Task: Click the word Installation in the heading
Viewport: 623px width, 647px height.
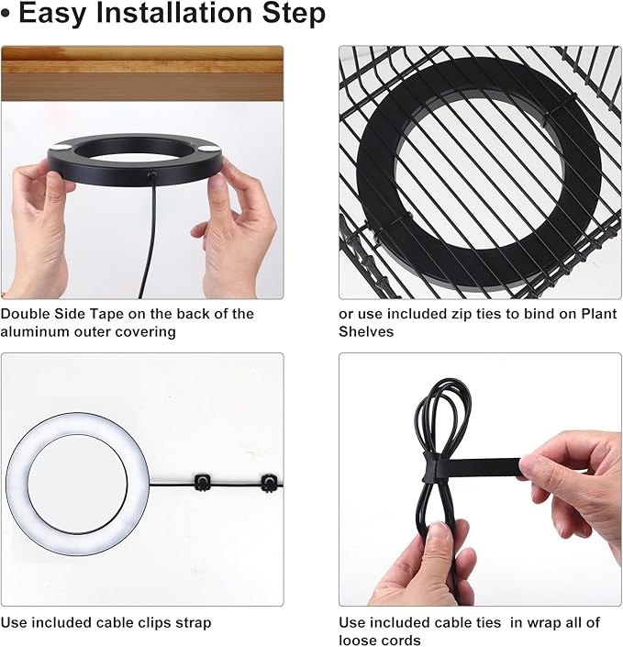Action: tap(175, 13)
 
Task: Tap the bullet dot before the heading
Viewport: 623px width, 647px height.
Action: tap(6, 14)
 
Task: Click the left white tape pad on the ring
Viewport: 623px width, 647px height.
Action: tap(61, 148)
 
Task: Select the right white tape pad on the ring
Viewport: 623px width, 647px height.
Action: tap(209, 149)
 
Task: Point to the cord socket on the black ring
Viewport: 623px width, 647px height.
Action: tap(152, 175)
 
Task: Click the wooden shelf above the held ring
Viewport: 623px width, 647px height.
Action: tap(142, 73)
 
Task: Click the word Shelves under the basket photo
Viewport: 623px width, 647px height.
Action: tap(366, 331)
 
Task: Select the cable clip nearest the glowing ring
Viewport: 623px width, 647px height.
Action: tap(202, 482)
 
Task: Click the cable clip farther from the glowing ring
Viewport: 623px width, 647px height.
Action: tap(269, 483)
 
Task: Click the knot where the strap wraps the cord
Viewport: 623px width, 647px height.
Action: tap(429, 467)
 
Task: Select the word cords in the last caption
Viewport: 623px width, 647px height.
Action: tap(400, 640)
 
